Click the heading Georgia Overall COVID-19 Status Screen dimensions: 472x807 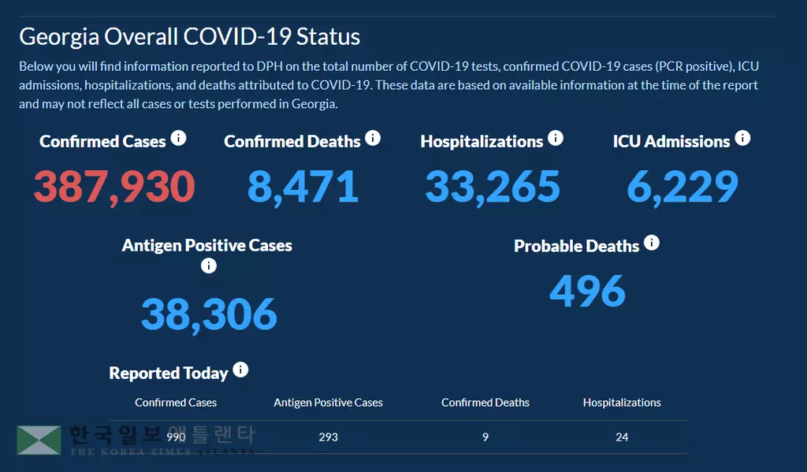click(189, 37)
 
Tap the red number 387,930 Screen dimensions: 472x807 click(114, 187)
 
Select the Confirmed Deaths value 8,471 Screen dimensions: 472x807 click(303, 187)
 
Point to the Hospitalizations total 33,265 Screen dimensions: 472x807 click(493, 187)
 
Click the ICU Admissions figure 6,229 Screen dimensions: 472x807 click(682, 187)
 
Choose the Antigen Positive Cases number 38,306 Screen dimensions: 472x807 click(209, 314)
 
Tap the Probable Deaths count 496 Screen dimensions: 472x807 click(587, 291)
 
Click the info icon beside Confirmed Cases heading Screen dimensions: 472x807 click(179, 139)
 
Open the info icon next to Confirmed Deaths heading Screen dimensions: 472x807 click(373, 139)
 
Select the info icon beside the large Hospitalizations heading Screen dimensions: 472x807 click(556, 139)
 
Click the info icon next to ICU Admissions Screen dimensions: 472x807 click(742, 139)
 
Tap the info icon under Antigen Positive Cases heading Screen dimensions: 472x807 click(208, 266)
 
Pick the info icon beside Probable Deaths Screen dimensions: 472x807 click(652, 243)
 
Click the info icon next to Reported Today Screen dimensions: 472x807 click(240, 370)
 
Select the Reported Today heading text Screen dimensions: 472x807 click(169, 374)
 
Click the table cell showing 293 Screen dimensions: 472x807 click(328, 437)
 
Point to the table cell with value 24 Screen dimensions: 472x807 click(622, 437)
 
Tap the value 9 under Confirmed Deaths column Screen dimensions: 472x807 click(485, 437)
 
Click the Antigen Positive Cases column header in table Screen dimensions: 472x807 click(328, 403)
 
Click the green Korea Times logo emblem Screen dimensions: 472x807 click(39, 440)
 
